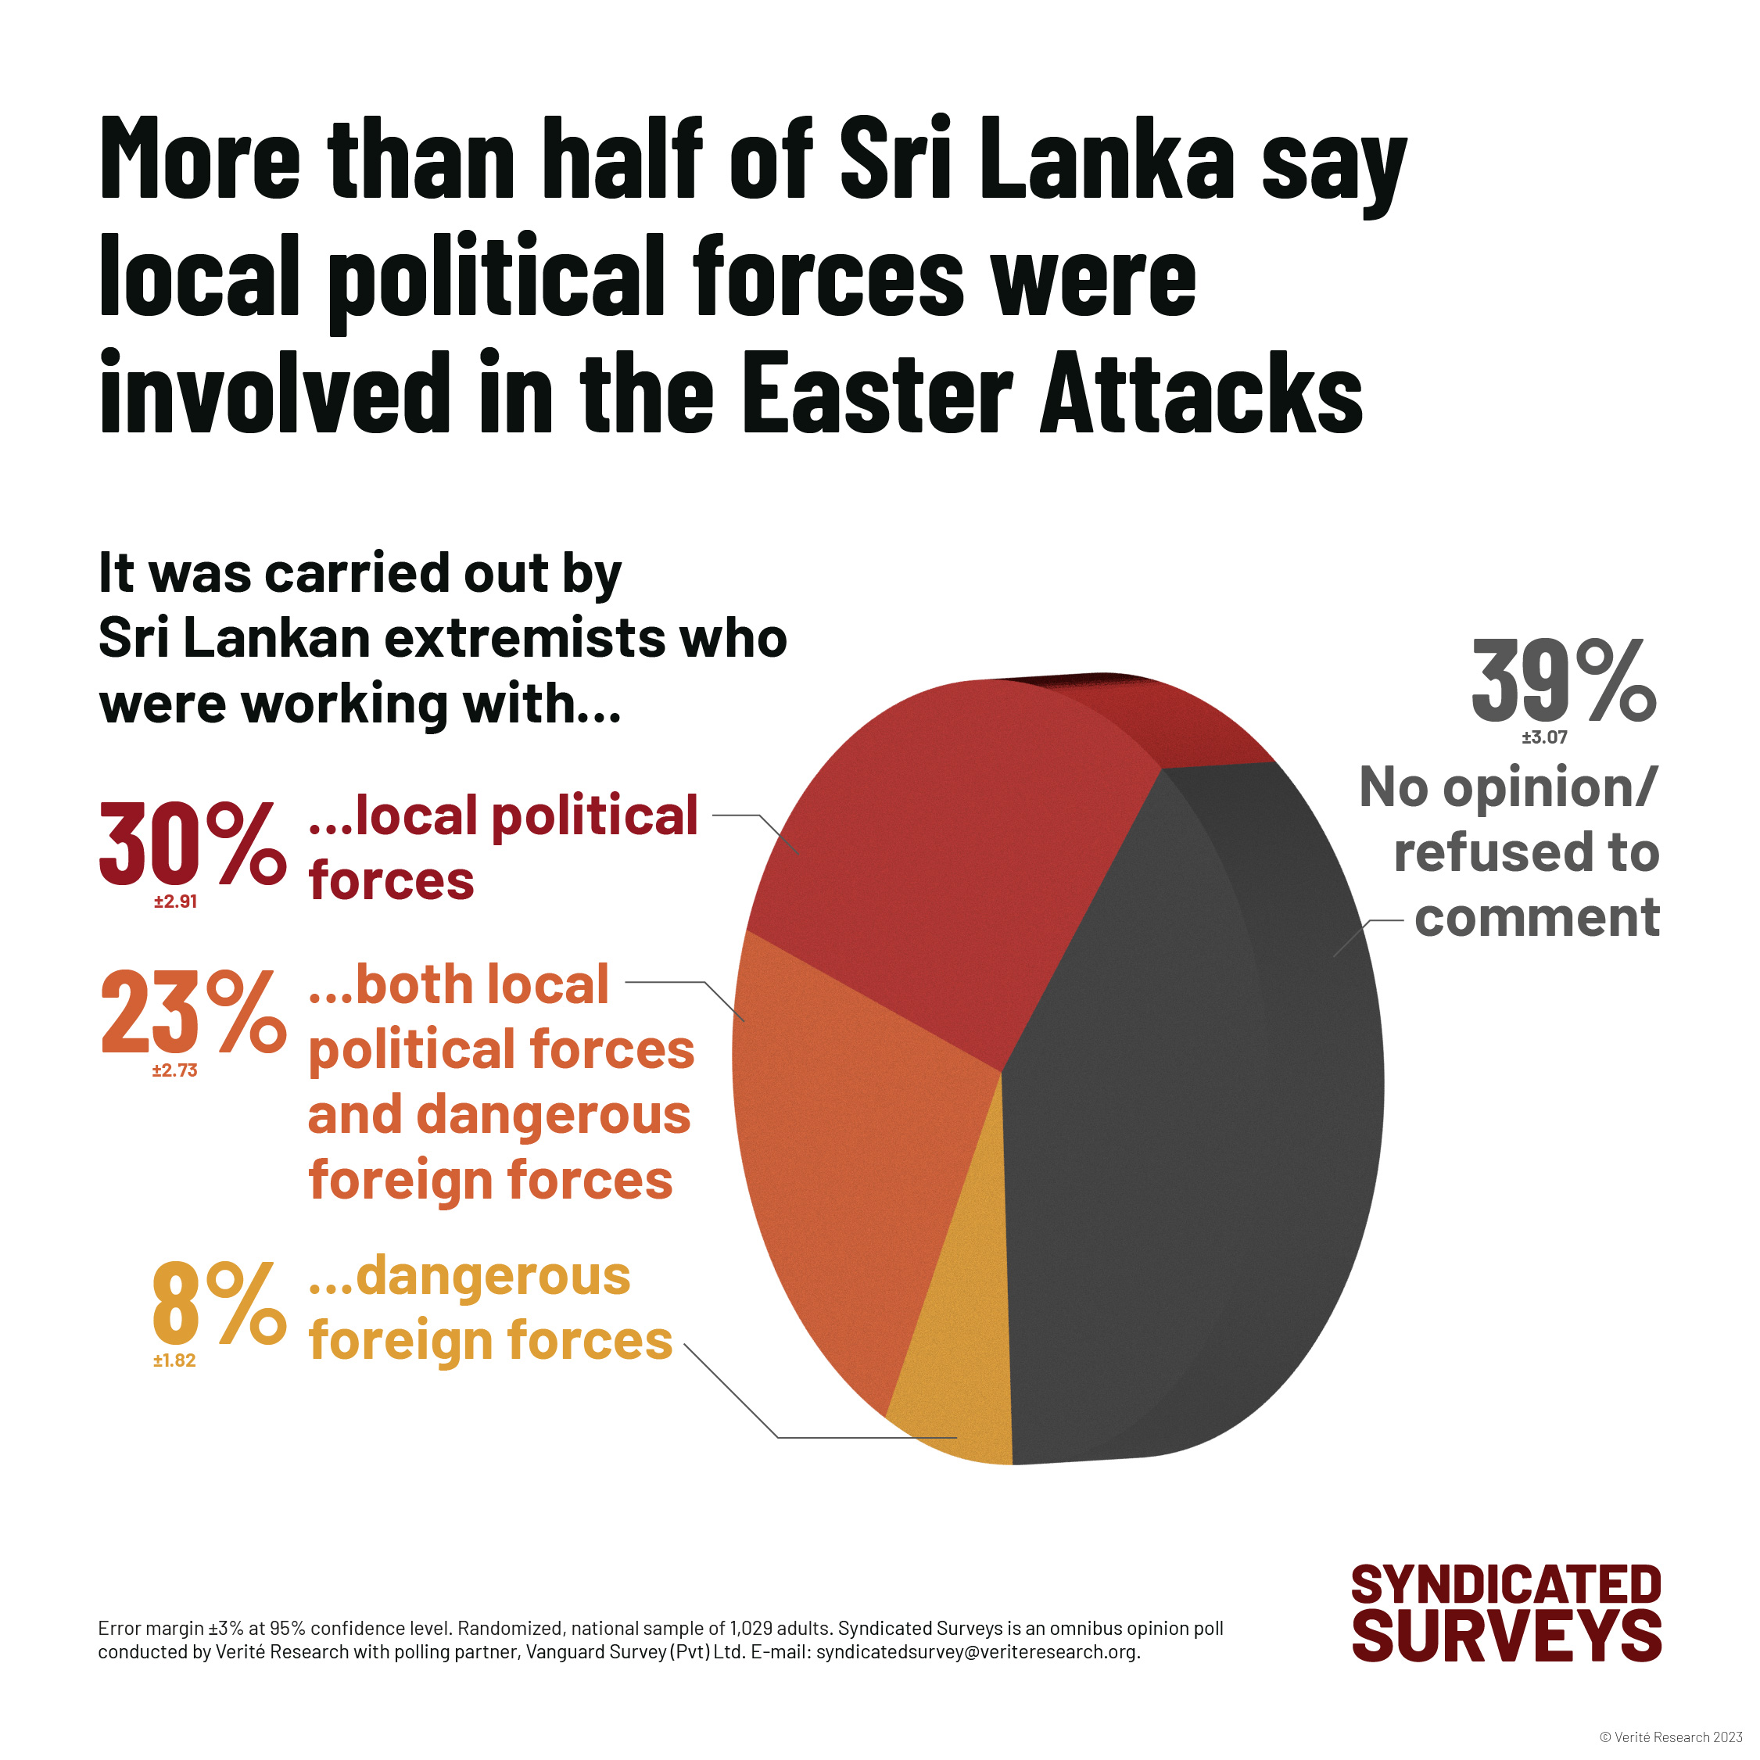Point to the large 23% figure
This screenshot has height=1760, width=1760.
coord(192,1011)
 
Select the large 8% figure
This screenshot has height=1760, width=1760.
coord(219,1303)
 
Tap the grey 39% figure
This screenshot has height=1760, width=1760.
coord(1563,682)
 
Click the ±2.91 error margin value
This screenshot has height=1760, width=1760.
coord(176,902)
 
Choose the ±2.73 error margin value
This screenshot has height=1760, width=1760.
coord(175,1070)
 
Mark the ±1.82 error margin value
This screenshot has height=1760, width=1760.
coord(175,1360)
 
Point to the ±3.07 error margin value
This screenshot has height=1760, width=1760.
coord(1544,737)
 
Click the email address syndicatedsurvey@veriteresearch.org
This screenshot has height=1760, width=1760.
coord(977,1651)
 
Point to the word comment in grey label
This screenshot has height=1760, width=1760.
coord(1537,916)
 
